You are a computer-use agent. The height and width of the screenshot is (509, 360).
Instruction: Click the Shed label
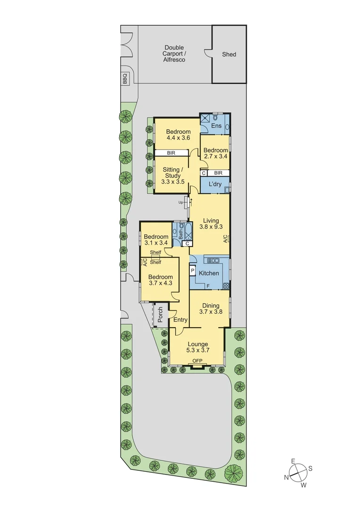coord(229,55)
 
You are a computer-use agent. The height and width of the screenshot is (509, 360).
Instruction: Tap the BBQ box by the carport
coord(125,78)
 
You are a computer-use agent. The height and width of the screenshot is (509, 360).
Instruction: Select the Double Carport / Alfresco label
coord(174,54)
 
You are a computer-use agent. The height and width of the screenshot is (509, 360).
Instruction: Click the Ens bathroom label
coord(216,126)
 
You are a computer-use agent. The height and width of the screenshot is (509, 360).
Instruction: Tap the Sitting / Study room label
coord(172,172)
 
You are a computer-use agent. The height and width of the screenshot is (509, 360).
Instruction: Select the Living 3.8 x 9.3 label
coord(210,223)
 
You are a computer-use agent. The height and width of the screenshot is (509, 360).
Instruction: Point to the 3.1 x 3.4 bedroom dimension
coord(156,243)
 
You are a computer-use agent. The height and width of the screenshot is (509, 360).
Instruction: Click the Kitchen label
coord(209,273)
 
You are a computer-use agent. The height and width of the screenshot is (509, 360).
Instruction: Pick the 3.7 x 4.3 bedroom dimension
coord(160,283)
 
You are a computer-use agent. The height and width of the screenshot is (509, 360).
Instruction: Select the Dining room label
coord(209,306)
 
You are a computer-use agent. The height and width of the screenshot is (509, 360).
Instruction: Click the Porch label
coord(160,315)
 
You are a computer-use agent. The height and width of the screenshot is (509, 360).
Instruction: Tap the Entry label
coord(180,320)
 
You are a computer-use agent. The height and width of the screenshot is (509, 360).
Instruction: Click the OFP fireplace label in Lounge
coord(197,361)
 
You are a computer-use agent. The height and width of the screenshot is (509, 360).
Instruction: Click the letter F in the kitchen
coord(207,286)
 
